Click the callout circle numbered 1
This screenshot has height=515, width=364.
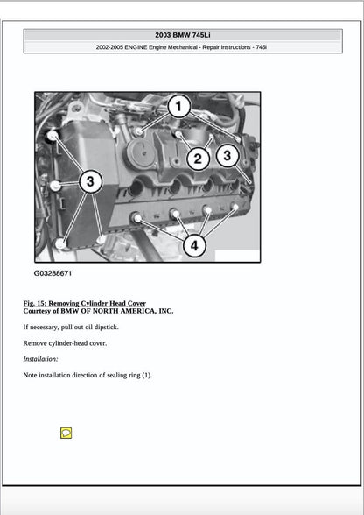tap(178, 108)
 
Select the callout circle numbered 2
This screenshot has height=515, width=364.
tap(199, 159)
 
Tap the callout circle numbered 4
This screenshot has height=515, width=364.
tap(193, 246)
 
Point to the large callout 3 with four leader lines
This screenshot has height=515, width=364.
tap(90, 181)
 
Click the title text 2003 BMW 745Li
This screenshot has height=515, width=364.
tap(182, 35)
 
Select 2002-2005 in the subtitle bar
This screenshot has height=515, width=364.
tap(112, 47)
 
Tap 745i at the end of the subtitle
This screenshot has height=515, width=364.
tap(259, 47)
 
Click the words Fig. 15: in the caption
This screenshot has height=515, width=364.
tap(36, 303)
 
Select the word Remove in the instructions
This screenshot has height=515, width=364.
tap(35, 342)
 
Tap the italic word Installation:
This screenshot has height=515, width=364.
tap(40, 359)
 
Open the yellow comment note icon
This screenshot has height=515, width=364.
tap(66, 433)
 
